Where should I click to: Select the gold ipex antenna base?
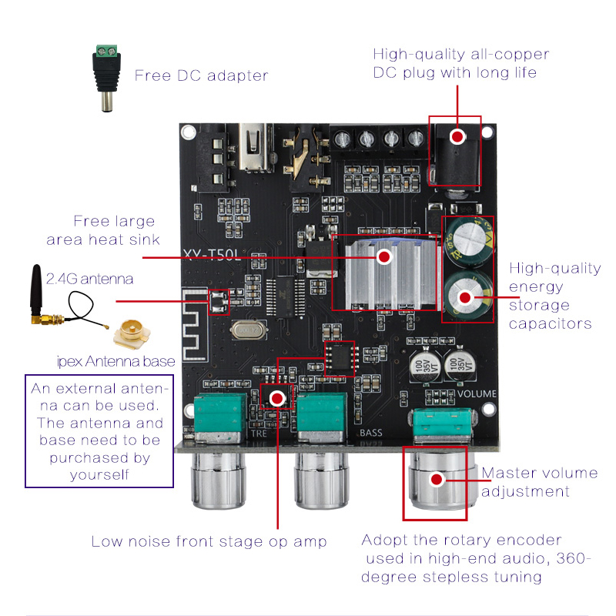point(129,333)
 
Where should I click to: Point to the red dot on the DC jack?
point(457,137)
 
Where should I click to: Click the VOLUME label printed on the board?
point(477,393)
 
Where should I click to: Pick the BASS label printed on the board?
point(371,433)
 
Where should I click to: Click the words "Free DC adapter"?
point(201,75)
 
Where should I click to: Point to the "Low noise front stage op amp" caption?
point(209,541)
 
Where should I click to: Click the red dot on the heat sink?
point(383,257)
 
